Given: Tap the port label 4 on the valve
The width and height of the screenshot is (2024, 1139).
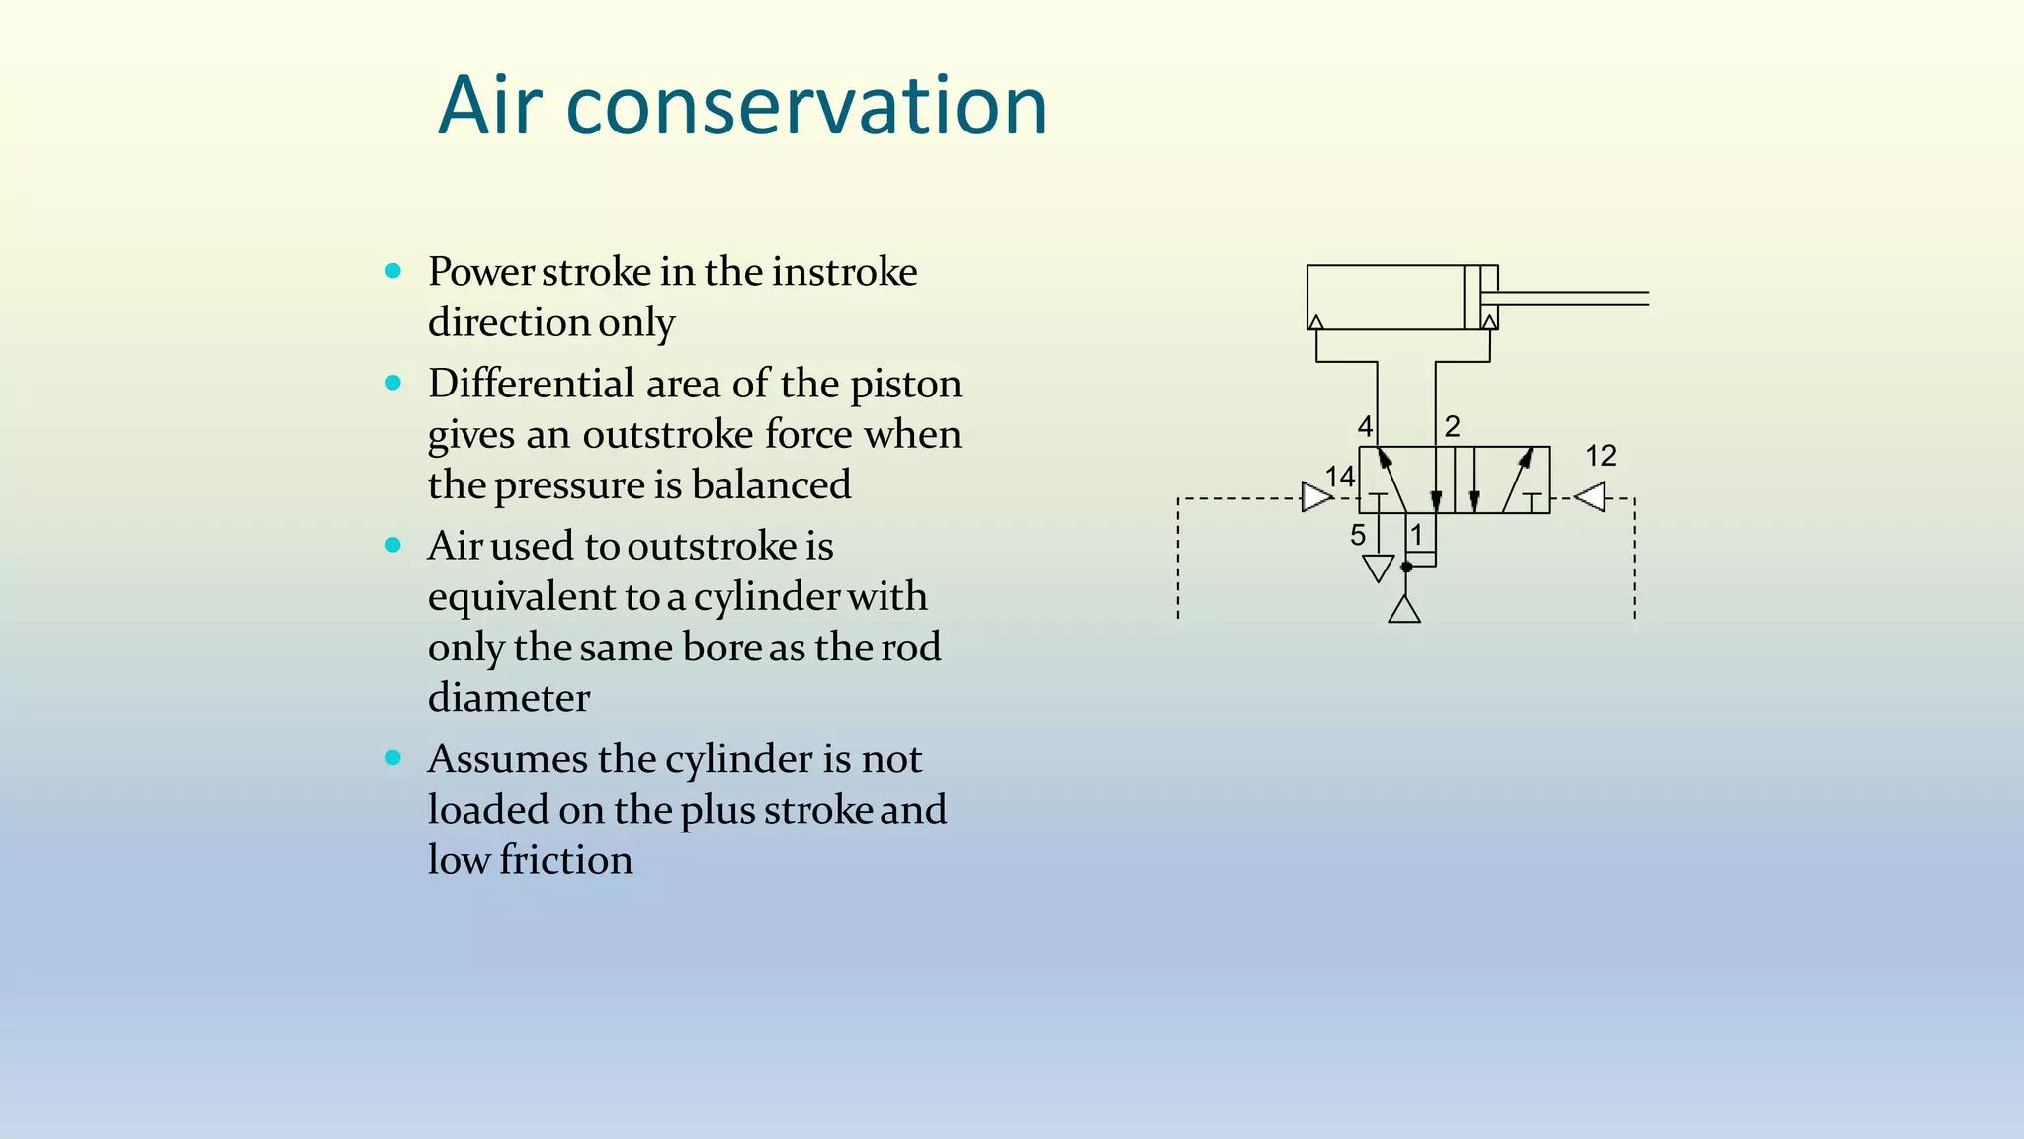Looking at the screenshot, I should pyautogui.click(x=1365, y=426).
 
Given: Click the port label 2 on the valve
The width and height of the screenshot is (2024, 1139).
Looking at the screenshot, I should pyautogui.click(x=1452, y=426).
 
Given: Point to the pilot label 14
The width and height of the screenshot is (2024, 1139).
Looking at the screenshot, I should pyautogui.click(x=1339, y=477).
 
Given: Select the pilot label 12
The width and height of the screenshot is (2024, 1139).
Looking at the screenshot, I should pyautogui.click(x=1600, y=456).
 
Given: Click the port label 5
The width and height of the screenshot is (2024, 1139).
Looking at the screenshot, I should pyautogui.click(x=1358, y=535).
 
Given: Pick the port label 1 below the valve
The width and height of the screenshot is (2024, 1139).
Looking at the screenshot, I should pyautogui.click(x=1416, y=535).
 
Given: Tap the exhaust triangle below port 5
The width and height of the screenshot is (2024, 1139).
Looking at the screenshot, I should pyautogui.click(x=1378, y=568).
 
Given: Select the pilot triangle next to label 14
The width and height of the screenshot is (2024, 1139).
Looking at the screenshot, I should pyautogui.click(x=1316, y=497).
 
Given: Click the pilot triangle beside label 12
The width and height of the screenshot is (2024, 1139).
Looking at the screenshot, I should pyautogui.click(x=1590, y=496).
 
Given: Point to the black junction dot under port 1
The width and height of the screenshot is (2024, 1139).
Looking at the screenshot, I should pyautogui.click(x=1406, y=567).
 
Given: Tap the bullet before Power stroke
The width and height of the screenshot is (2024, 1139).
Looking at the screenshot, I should pyautogui.click(x=393, y=270).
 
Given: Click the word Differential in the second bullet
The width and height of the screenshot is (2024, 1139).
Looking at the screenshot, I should pyautogui.click(x=531, y=384).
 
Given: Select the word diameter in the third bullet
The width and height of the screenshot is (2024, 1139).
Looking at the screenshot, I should pyautogui.click(x=509, y=698).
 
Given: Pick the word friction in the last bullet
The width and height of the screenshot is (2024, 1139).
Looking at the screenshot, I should pyautogui.click(x=565, y=860).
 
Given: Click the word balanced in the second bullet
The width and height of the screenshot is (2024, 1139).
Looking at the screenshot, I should pyautogui.click(x=771, y=484).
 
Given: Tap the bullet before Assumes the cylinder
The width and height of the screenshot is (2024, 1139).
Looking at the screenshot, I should pyautogui.click(x=393, y=758).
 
